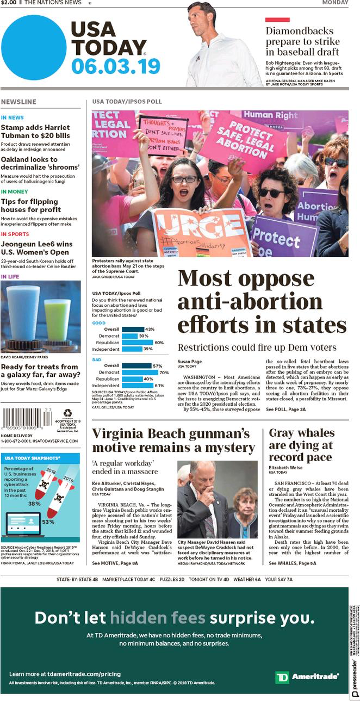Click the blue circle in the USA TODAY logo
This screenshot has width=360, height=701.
pyautogui.click(x=33, y=47)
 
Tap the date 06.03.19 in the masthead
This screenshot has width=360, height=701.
pyautogui.click(x=115, y=67)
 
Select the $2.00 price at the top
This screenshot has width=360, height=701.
pyautogui.click(x=8, y=3)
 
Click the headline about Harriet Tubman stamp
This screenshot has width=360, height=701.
pyautogui.click(x=35, y=131)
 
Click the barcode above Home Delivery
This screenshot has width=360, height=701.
pyautogui.click(x=26, y=420)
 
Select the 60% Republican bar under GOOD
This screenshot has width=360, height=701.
pyautogui.click(x=137, y=343)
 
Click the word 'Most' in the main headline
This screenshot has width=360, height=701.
pyautogui.click(x=204, y=278)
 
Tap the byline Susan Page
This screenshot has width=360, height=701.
pyautogui.click(x=190, y=361)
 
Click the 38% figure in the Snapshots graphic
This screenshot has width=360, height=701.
pyautogui.click(x=34, y=503)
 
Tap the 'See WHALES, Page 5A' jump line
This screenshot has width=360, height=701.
pyautogui.click(x=292, y=563)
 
